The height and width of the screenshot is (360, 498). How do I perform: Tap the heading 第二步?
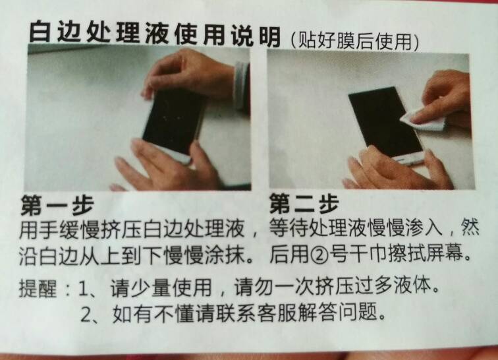click(x=304, y=204)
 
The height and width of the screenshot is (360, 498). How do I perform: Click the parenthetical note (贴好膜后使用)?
click(x=355, y=42)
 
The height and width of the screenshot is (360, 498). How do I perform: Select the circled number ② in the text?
click(x=319, y=255)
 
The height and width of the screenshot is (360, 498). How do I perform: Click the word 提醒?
click(x=38, y=288)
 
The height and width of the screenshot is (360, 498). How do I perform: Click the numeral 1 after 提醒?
click(x=82, y=289)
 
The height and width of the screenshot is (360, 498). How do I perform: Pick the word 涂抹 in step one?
click(x=225, y=255)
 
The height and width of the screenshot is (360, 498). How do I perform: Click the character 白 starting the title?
click(x=40, y=32)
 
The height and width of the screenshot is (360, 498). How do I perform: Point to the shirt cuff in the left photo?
click(x=240, y=84)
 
